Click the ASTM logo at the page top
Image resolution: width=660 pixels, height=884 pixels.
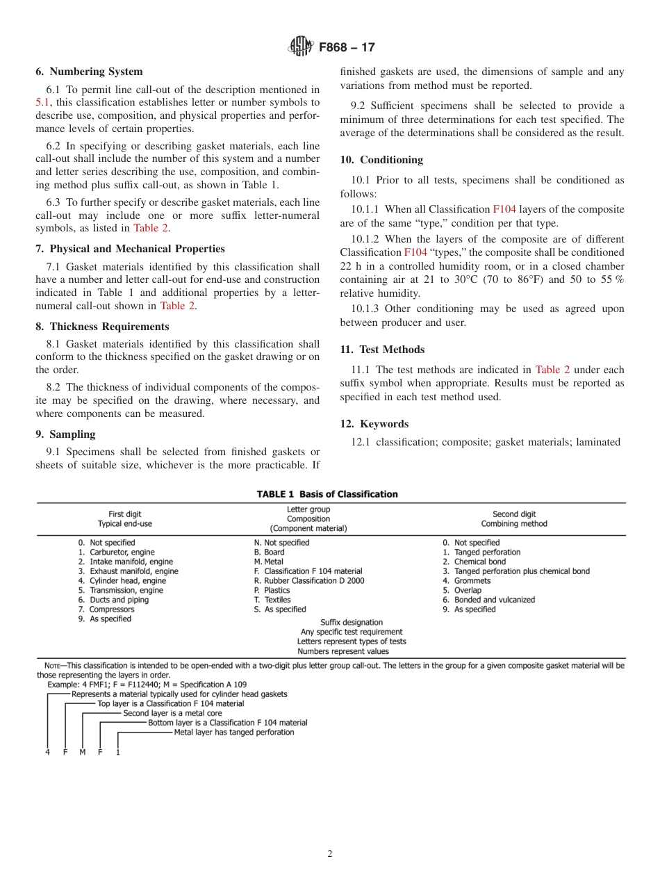(x=301, y=47)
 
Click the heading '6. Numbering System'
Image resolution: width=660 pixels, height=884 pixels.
(x=89, y=72)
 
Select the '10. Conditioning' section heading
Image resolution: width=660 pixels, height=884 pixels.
(x=381, y=160)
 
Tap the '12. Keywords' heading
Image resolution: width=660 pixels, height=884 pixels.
(x=374, y=424)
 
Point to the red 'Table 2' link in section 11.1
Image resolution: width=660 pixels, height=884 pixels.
(x=552, y=370)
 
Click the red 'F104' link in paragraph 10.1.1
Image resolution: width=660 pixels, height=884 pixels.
(x=504, y=209)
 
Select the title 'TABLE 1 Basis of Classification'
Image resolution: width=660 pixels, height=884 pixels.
(x=327, y=494)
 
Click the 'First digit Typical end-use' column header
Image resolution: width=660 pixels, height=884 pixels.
(x=124, y=519)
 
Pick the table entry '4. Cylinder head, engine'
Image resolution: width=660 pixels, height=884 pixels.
(x=122, y=581)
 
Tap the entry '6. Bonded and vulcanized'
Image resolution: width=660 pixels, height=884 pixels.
(x=489, y=600)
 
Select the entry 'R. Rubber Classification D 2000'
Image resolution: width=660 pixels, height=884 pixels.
(x=309, y=581)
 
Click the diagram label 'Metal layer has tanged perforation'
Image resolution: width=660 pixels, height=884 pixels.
(x=233, y=732)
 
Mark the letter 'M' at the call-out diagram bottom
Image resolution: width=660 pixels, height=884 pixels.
(x=82, y=752)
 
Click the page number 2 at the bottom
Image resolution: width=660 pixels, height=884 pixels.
(x=330, y=854)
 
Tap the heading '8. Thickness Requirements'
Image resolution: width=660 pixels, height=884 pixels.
(x=101, y=327)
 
